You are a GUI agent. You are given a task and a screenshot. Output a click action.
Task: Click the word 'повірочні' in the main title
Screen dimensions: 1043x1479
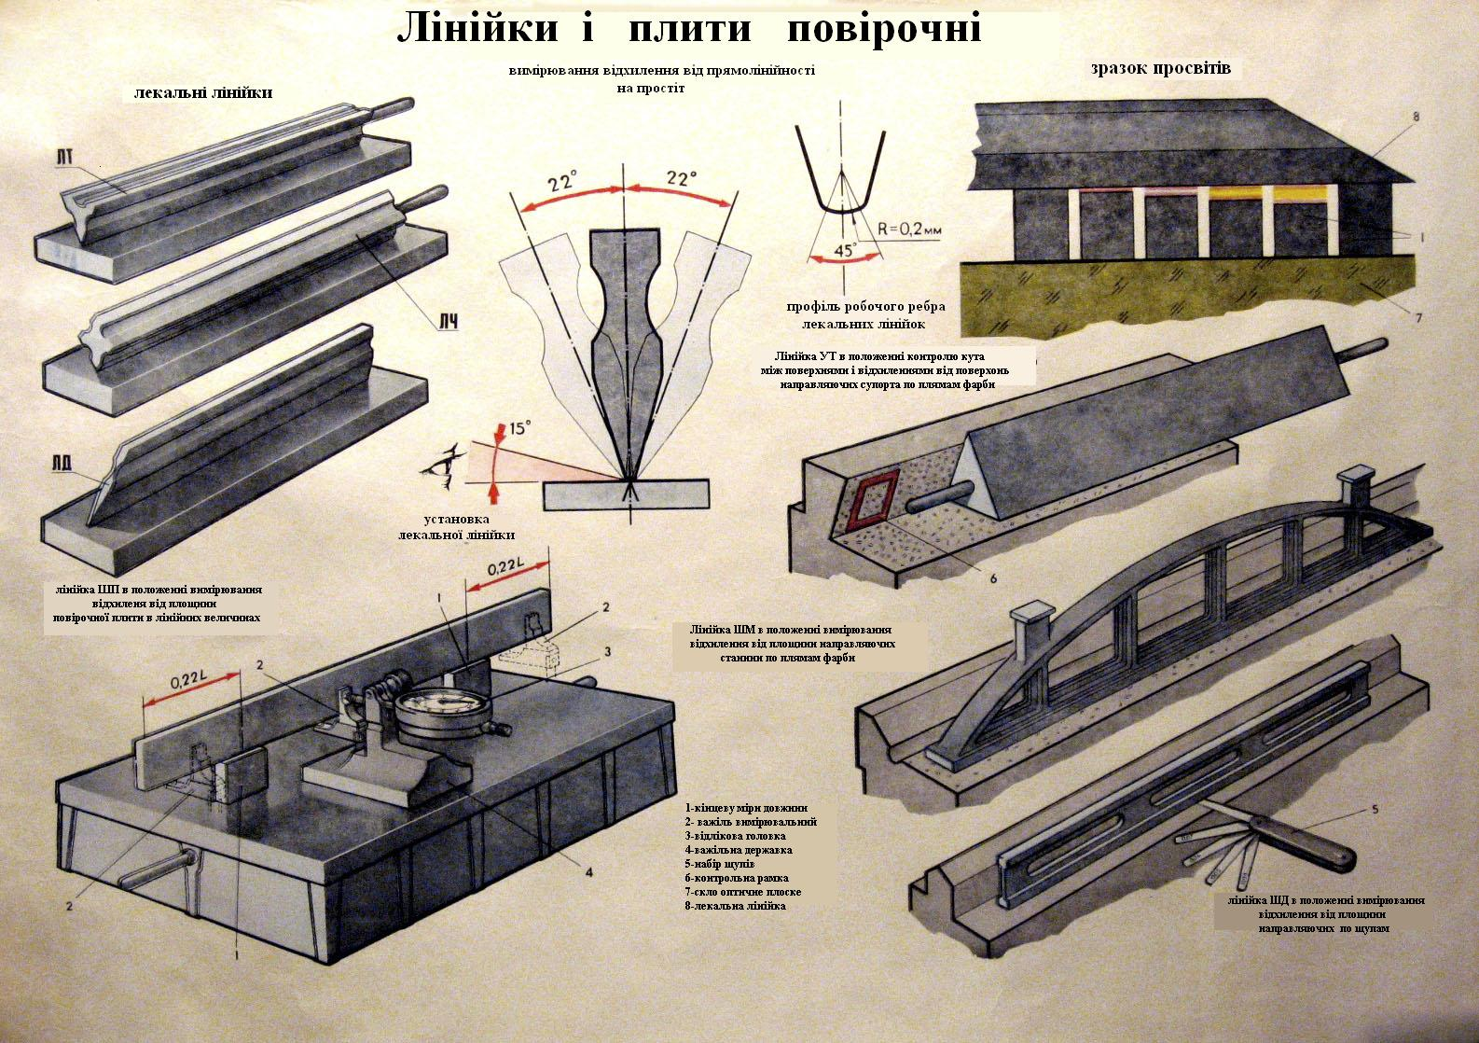point(883,29)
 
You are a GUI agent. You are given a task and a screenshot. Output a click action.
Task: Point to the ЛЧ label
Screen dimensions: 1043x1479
point(449,321)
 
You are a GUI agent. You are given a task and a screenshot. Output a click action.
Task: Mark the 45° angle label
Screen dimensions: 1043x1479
point(845,250)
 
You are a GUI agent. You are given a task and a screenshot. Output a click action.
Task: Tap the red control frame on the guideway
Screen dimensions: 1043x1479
point(870,501)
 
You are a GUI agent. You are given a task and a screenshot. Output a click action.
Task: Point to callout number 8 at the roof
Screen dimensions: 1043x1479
point(1416,118)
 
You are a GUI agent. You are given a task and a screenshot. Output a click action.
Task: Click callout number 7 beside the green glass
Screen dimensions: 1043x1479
point(1417,317)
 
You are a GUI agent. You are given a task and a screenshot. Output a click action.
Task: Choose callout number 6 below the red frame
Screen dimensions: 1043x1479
point(993,578)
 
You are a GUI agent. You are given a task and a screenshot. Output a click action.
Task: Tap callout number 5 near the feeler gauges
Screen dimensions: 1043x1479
point(1375,808)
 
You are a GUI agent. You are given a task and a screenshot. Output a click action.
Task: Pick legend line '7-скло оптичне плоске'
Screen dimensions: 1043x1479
point(742,892)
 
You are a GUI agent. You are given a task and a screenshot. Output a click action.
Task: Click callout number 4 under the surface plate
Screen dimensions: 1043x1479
point(589,872)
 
